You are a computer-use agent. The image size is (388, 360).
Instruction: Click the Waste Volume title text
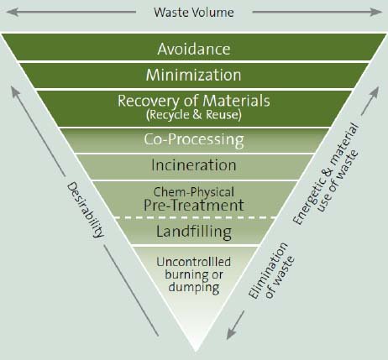tap(194, 13)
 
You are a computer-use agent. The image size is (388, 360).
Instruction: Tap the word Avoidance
tap(194, 49)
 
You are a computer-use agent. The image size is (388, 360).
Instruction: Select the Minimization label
tap(193, 75)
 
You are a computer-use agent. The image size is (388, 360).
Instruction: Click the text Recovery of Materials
tap(194, 101)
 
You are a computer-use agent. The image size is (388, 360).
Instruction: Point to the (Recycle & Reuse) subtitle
tap(194, 115)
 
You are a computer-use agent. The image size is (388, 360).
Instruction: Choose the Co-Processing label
tap(194, 139)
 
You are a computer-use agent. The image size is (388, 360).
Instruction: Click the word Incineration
tap(194, 165)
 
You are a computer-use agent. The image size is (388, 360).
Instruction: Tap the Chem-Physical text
tap(194, 192)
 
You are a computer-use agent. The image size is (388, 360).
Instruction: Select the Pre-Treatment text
tap(194, 205)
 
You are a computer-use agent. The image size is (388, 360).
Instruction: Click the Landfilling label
tap(194, 232)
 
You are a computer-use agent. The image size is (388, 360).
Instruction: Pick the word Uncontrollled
tap(194, 262)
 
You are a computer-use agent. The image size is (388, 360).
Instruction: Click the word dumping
tap(194, 288)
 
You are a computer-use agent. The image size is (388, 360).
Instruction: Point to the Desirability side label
tap(86, 210)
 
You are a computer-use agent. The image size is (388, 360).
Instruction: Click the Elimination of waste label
tap(271, 270)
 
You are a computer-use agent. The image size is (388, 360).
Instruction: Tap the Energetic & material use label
tap(325, 174)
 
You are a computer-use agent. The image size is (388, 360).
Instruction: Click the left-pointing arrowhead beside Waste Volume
tap(12, 12)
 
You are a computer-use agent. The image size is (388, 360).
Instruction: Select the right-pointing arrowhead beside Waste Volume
tap(375, 12)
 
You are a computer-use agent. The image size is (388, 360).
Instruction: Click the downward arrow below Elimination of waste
tap(235, 325)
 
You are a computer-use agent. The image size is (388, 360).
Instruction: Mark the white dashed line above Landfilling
tap(196, 217)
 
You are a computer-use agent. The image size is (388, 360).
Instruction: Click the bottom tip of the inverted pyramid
tap(196, 352)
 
